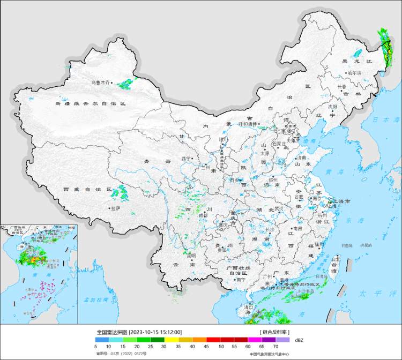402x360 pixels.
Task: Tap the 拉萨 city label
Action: [115, 208]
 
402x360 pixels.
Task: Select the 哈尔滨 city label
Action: [354, 73]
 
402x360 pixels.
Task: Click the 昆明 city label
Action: [191, 256]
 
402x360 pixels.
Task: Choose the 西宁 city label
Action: [186, 159]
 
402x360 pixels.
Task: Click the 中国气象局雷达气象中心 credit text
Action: [269, 354]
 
